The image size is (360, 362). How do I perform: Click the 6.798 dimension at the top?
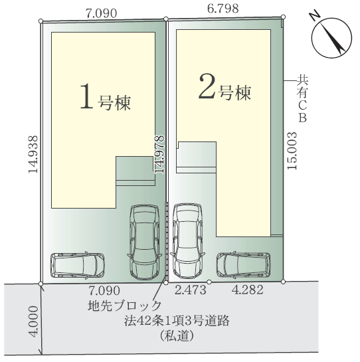point(223,9)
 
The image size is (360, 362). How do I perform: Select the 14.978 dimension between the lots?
point(159,154)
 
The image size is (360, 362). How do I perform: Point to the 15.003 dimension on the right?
point(292,151)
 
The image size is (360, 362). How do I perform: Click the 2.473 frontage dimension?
point(190,290)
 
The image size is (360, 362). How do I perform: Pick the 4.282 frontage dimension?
point(248,290)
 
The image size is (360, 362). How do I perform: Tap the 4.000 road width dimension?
point(33,321)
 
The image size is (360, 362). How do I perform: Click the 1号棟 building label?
point(106,97)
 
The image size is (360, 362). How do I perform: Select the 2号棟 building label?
point(225,87)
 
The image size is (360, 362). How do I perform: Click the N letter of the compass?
point(315,17)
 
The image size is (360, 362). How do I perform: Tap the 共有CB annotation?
point(302,98)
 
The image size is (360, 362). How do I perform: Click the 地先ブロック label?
point(124,306)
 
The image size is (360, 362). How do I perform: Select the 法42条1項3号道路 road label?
point(177,321)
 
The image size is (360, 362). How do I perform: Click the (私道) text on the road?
point(177,335)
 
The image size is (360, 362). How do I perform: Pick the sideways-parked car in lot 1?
point(78,265)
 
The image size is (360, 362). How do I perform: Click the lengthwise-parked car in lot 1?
point(144,242)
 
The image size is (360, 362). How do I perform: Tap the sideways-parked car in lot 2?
point(244,265)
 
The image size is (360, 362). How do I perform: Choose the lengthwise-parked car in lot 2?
point(187,241)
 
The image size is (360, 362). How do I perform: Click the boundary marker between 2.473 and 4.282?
point(209,282)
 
